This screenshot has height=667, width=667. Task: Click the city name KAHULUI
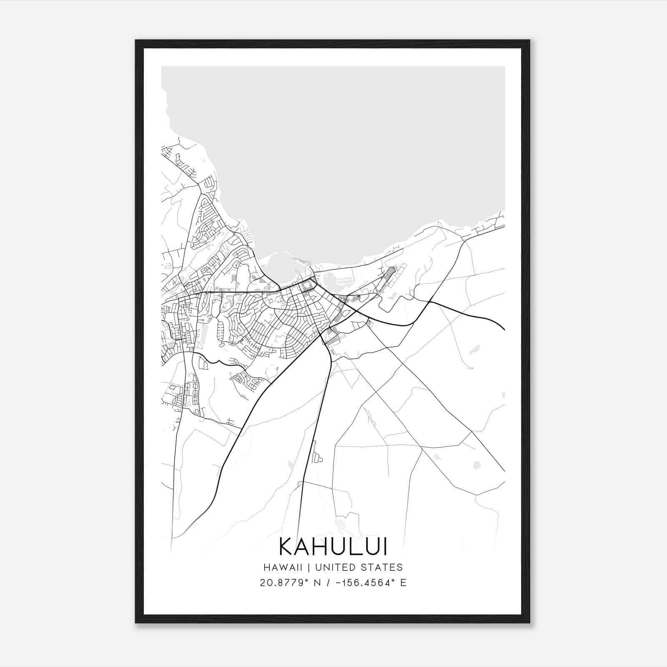coord(333,547)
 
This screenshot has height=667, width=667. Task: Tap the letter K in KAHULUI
coord(287,547)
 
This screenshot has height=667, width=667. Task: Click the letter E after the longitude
coord(403,582)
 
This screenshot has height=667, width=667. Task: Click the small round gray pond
coord(477,465)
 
